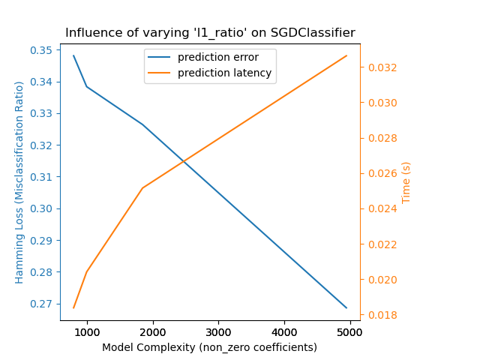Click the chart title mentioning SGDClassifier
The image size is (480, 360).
click(x=210, y=33)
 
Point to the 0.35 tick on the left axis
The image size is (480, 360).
click(x=43, y=50)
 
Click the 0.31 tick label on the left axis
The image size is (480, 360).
click(x=43, y=177)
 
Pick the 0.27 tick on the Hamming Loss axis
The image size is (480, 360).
click(x=43, y=304)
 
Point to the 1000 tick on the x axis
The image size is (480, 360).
click(x=87, y=332)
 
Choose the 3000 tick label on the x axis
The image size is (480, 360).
click(x=218, y=332)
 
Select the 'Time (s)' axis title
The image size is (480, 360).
click(x=406, y=182)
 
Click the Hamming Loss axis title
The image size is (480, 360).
click(x=19, y=182)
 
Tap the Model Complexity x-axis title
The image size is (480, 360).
click(x=210, y=347)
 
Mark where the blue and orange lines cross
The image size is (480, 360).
click(x=183, y=160)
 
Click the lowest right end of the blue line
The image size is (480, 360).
click(x=346, y=307)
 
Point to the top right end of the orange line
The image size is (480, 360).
click(x=346, y=55)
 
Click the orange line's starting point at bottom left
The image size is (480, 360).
click(x=73, y=307)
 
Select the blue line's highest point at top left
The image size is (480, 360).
click(x=73, y=55)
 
